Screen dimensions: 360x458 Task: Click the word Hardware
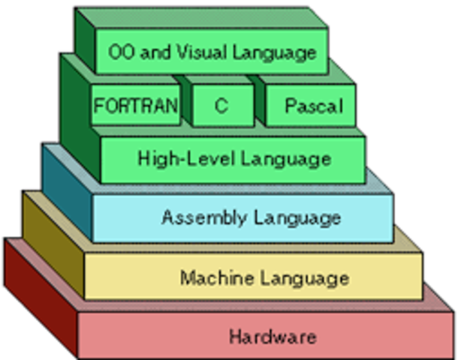point(272,336)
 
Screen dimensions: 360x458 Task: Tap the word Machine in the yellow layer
point(209,278)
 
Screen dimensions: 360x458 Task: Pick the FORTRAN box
point(136,106)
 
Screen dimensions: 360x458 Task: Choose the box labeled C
point(221,106)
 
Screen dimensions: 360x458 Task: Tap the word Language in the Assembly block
point(297,218)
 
